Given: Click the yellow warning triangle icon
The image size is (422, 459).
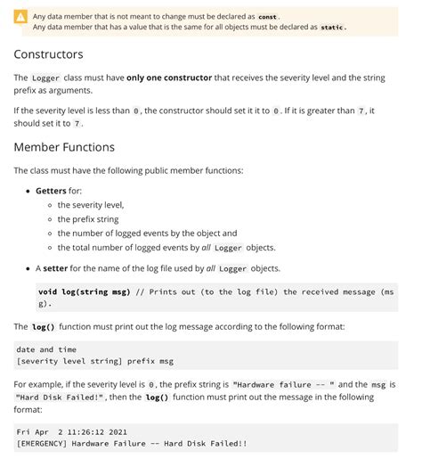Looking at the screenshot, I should click(20, 18).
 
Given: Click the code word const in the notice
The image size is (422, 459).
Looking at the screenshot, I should click(268, 17).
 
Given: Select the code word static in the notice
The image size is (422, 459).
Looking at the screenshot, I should click(332, 27).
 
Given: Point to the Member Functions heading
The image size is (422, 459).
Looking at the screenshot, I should click(64, 146).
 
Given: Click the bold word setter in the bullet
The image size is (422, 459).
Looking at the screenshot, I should click(55, 268).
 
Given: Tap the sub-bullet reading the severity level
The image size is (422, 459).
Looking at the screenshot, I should click(91, 205).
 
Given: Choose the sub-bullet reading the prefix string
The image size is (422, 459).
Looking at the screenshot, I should click(88, 219).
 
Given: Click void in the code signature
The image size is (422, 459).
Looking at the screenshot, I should click(48, 291).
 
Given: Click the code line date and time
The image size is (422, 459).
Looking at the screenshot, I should click(46, 349).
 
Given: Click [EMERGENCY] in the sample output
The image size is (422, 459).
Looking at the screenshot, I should click(42, 443).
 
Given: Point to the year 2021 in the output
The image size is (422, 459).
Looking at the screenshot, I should click(126, 431).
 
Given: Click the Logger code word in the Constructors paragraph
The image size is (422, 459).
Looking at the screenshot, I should click(45, 78).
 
